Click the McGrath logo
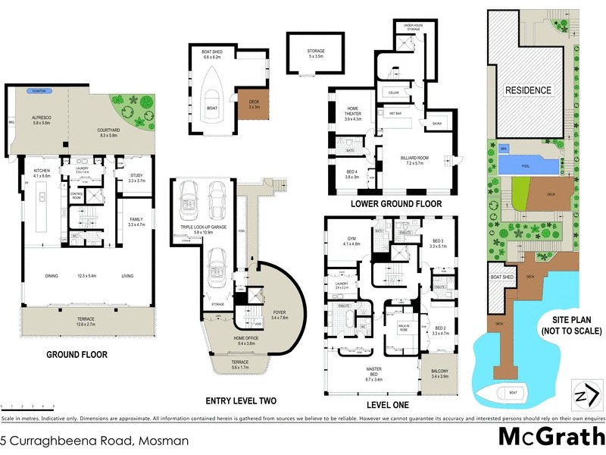(x=551, y=438)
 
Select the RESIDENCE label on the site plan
(x=529, y=89)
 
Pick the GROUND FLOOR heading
(x=77, y=354)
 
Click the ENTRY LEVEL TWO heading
(x=241, y=400)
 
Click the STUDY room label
(x=136, y=177)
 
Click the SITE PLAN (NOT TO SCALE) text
(x=572, y=325)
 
